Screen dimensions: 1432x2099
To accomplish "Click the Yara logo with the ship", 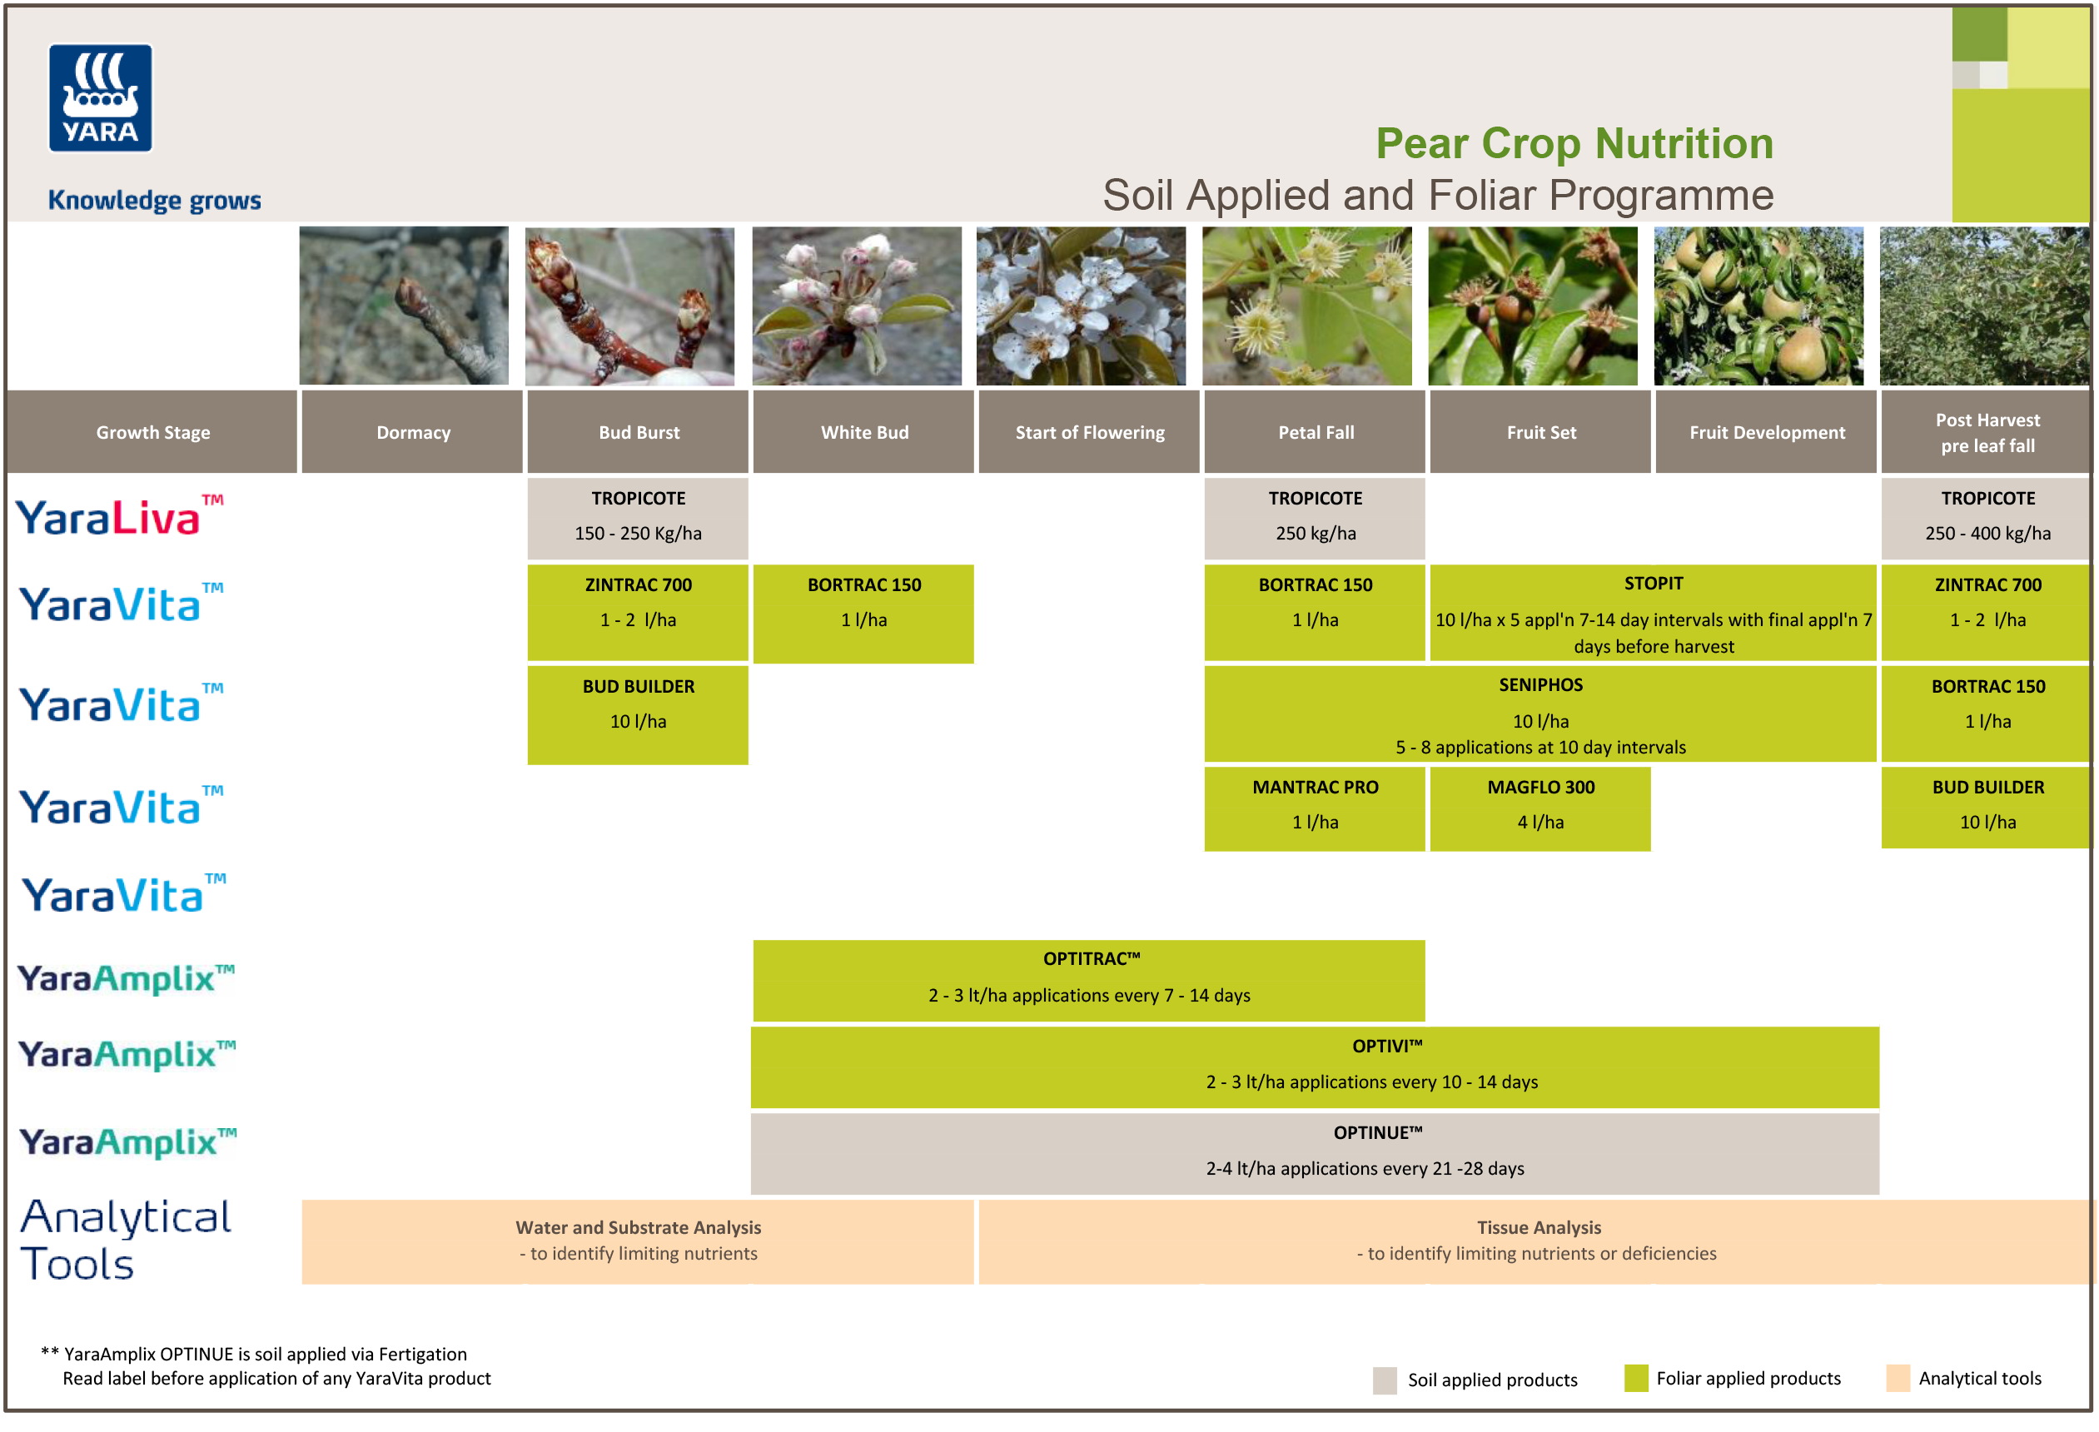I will click(x=100, y=98).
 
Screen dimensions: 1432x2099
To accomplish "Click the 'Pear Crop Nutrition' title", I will click(x=1574, y=143).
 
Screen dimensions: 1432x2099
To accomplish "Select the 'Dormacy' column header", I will click(x=412, y=432).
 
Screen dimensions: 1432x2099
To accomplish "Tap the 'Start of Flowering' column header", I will click(x=1088, y=432).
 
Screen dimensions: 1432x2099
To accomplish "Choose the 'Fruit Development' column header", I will click(x=1766, y=432).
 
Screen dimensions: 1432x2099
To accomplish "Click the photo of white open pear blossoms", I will click(x=1080, y=306).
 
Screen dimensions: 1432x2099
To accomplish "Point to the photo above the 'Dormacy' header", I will click(x=404, y=306).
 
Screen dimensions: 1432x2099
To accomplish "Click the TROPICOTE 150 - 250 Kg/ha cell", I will click(x=638, y=516).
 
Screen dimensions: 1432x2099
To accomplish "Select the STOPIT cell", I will click(x=1652, y=613).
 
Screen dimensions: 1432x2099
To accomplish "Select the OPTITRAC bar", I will click(x=1088, y=979).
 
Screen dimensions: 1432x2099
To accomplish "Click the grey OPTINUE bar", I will click(x=1314, y=1152).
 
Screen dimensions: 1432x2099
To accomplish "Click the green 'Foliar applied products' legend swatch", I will click(x=1634, y=1378).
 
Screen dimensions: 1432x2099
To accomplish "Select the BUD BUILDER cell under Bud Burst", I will click(x=638, y=714).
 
